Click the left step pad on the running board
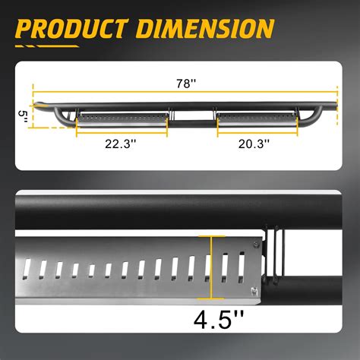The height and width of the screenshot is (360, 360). [122, 117]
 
